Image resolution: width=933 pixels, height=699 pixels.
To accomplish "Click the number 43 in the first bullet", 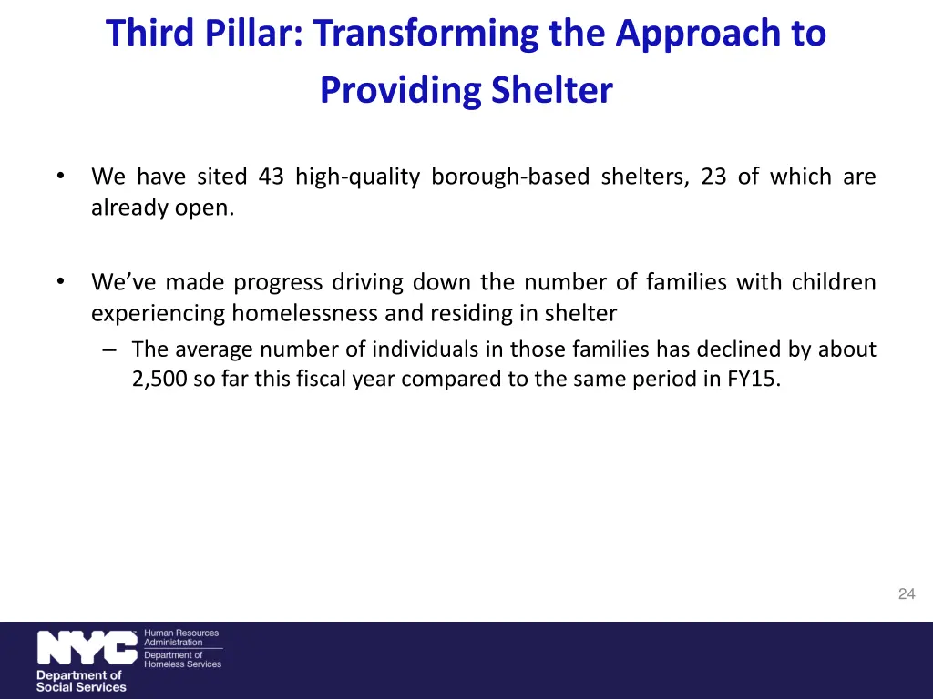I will pyautogui.click(x=271, y=177).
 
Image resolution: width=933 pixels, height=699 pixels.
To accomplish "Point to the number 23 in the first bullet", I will pyautogui.click(x=713, y=177).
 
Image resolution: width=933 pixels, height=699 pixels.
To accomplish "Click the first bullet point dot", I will pyautogui.click(x=59, y=176).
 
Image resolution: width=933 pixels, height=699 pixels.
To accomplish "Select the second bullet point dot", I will pyautogui.click(x=59, y=281).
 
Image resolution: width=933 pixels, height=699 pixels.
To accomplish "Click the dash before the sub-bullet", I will pyautogui.click(x=109, y=349).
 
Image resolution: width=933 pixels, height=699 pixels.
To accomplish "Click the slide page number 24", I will pyautogui.click(x=906, y=594).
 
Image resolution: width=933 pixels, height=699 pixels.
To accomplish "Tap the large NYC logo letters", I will pyautogui.click(x=87, y=649).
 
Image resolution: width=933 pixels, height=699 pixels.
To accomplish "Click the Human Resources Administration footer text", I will pyautogui.click(x=181, y=637).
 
